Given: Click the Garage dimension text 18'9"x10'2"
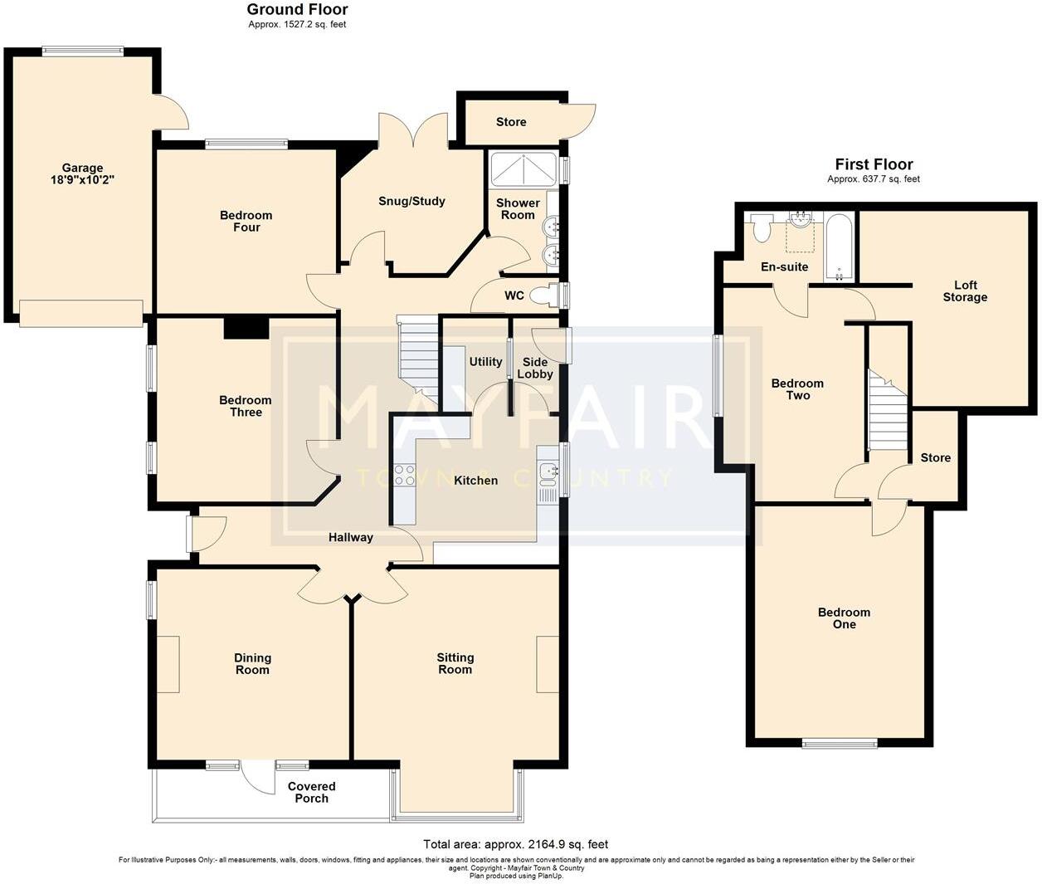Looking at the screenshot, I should click(81, 179).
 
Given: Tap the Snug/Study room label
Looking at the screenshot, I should click(411, 201).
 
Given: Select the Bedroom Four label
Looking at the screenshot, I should click(246, 221).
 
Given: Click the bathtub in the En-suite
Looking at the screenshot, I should click(838, 247).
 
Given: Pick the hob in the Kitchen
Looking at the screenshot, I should click(404, 476).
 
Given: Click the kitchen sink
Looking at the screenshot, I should click(548, 472).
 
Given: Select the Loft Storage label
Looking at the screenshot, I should click(965, 291).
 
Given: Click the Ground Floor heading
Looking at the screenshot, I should click(297, 10).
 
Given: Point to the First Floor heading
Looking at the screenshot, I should click(874, 164).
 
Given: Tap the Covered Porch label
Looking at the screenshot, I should click(312, 792).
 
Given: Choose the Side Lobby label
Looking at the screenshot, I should click(535, 368).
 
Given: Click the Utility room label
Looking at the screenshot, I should click(485, 361).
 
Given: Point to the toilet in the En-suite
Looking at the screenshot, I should click(761, 227).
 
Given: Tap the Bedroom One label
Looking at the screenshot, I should click(844, 618).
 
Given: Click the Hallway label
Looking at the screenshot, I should click(351, 537).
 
